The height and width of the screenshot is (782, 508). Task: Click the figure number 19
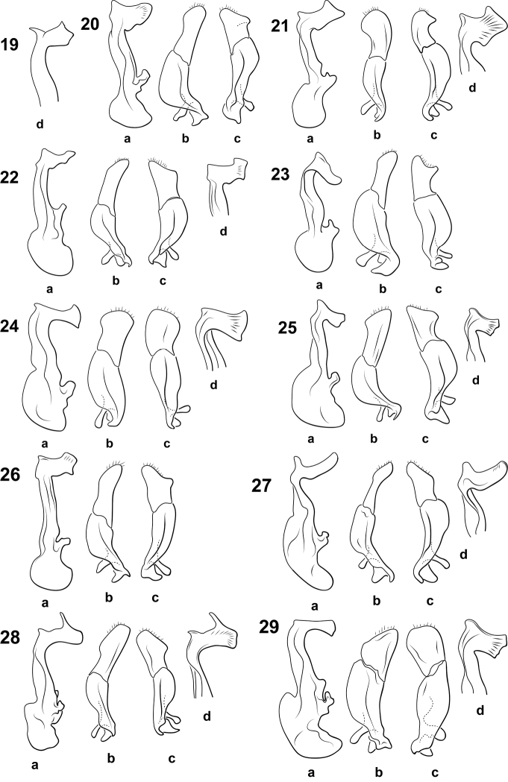tap(10, 45)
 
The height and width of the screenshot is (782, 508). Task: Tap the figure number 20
tap(90, 23)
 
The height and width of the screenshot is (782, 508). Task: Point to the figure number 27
tap(262, 485)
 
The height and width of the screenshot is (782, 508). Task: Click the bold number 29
tap(269, 627)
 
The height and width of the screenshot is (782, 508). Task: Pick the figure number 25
tap(289, 328)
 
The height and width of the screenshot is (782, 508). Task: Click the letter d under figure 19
tap(40, 123)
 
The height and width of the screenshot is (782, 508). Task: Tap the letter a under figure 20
tap(127, 139)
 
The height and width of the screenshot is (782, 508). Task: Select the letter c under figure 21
tap(433, 135)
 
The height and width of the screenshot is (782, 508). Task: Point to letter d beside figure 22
tap(223, 231)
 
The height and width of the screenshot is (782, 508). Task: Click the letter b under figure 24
tap(110, 442)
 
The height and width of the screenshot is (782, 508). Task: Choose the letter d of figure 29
tap(480, 710)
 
